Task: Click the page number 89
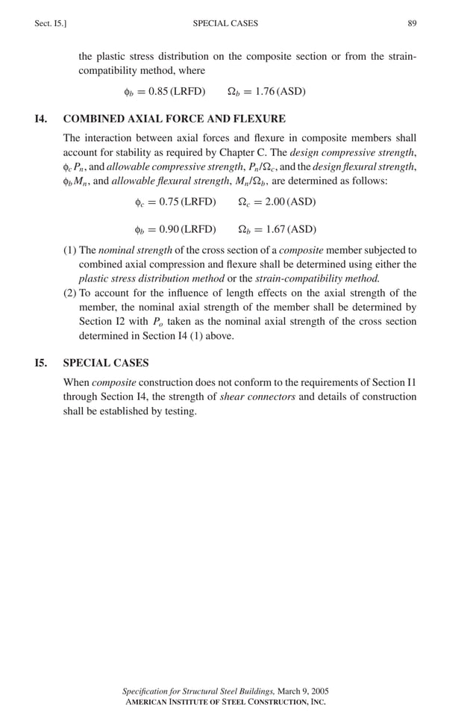(412, 24)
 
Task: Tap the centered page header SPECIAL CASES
(225, 24)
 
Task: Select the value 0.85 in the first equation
(158, 92)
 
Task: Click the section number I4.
(41, 119)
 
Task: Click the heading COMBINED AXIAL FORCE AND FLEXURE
(174, 119)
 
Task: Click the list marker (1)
(69, 250)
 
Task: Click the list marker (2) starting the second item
(69, 293)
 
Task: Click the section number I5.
(41, 363)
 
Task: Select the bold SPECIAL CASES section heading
(106, 363)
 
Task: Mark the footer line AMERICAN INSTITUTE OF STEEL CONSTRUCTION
(225, 702)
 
